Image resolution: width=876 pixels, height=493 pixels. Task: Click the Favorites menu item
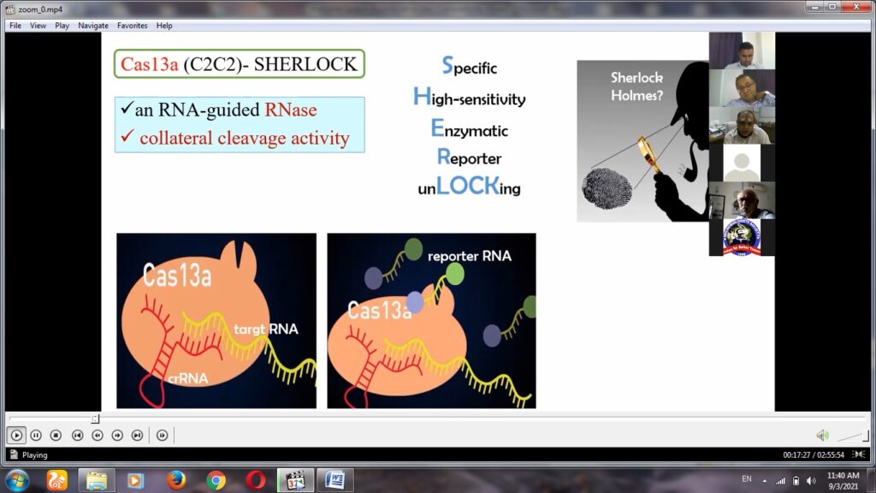point(132,26)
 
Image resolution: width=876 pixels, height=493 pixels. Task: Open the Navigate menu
point(93,26)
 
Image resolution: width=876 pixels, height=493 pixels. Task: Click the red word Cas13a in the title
point(149,64)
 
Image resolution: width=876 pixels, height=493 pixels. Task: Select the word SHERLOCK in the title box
point(305,64)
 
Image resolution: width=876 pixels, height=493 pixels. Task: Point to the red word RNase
point(291,110)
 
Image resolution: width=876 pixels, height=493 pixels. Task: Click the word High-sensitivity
point(470,98)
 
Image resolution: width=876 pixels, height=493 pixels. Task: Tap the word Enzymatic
point(470,129)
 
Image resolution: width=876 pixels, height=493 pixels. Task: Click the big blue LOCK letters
point(468,186)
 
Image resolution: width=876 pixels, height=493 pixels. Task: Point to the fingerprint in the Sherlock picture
point(607,188)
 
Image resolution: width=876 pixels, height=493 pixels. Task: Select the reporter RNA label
point(470,256)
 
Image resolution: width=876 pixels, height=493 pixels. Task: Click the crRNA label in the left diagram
point(187,378)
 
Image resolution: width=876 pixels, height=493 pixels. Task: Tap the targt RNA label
point(266,329)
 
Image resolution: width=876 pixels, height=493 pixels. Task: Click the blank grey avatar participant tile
point(742,163)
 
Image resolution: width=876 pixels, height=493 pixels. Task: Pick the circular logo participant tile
point(742,238)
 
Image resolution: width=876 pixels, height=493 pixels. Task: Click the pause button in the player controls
point(36,435)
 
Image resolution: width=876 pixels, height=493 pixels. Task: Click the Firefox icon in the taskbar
point(176,480)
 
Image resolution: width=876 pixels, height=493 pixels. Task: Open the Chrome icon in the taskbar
point(216,480)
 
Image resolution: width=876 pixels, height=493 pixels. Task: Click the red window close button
point(855,7)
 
